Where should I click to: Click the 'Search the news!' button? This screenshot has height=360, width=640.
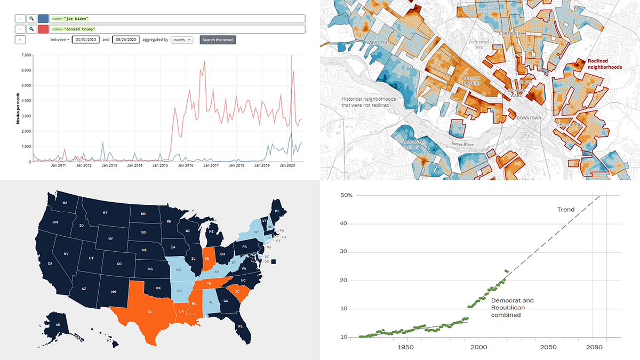[218, 39]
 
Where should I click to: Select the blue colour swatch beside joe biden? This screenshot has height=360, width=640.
[43, 19]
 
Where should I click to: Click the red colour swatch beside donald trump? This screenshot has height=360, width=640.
[43, 29]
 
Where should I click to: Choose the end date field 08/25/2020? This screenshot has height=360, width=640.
[126, 39]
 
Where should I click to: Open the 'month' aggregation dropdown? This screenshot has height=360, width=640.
[182, 39]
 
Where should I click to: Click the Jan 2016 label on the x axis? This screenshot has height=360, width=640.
[185, 166]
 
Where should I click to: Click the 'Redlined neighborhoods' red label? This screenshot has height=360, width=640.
[604, 64]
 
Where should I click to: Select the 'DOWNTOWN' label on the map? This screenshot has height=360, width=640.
[529, 118]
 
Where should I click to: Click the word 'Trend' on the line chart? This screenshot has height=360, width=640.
[566, 210]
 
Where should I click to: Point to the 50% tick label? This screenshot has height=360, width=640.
[346, 196]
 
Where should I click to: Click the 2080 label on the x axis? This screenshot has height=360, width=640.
[593, 347]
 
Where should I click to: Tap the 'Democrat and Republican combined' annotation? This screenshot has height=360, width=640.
[512, 308]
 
